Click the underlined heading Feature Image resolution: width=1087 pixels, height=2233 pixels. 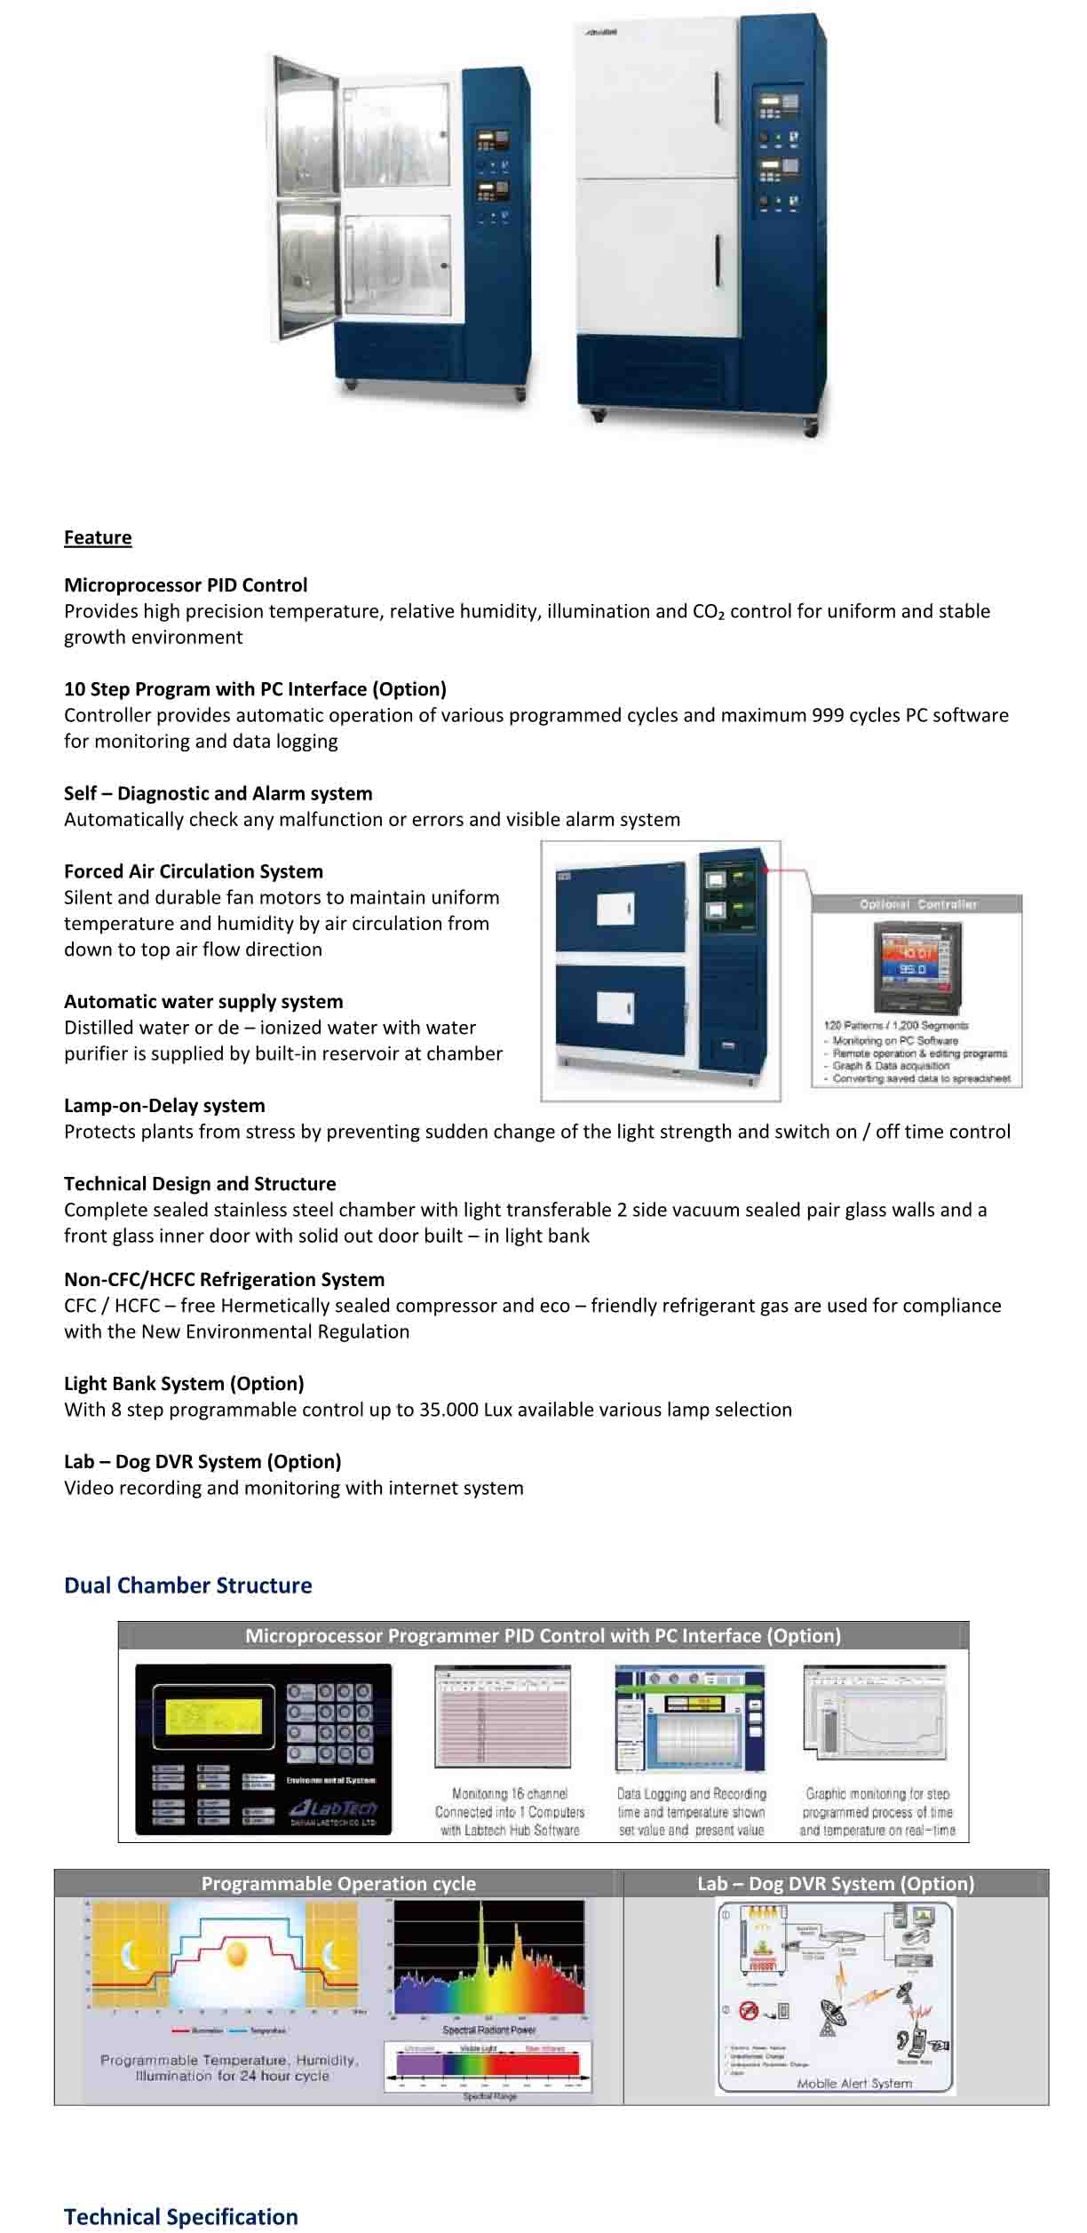tap(98, 537)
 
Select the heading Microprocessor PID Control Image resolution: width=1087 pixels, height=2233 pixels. tap(186, 585)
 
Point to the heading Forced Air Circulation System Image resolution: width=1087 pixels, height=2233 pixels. tap(194, 871)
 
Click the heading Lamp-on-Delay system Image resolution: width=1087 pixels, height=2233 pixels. tap(164, 1106)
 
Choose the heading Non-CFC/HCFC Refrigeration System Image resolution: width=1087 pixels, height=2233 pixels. tap(224, 1280)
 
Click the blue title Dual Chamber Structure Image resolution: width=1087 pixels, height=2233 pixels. tap(187, 1585)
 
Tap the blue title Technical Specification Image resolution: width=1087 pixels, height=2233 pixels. tap(180, 2217)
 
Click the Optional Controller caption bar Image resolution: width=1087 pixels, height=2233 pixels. tap(917, 904)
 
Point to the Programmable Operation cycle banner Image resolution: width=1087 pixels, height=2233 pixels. tap(338, 1884)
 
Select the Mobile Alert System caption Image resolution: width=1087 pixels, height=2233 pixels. tap(853, 2083)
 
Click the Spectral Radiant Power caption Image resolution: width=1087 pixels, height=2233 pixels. tap(488, 2030)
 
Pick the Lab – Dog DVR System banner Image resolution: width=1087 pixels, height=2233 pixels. tap(835, 1884)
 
